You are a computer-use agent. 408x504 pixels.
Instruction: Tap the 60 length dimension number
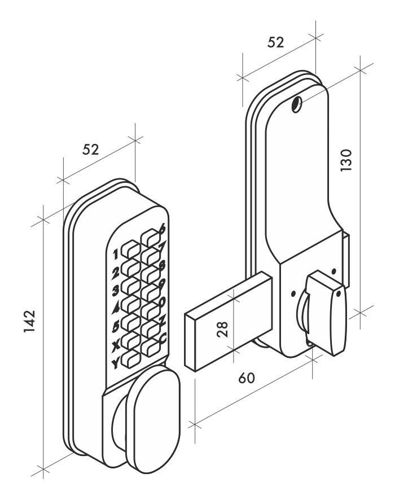(245, 378)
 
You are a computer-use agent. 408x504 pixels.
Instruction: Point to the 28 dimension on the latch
(224, 329)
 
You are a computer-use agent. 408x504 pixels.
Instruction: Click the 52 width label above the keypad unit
(91, 150)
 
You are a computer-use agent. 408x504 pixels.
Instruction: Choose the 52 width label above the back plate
(276, 42)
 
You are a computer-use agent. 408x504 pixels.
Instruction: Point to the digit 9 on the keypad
(163, 284)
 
